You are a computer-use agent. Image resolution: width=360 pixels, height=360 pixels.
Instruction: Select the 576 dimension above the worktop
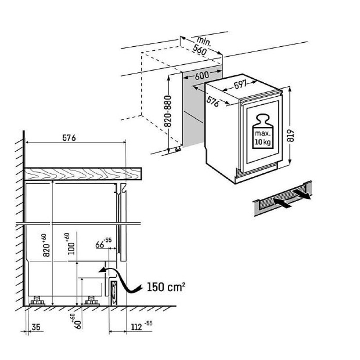tap(68, 138)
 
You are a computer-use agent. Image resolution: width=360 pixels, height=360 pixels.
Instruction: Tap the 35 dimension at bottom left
tap(37, 327)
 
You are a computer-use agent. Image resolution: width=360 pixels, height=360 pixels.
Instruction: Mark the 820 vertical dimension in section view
tap(45, 245)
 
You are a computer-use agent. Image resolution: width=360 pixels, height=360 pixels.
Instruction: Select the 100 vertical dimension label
tap(70, 244)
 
